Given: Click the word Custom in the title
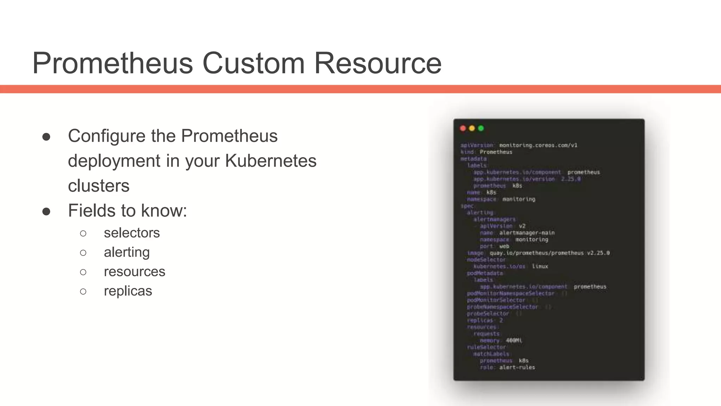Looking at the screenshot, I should tap(253, 63).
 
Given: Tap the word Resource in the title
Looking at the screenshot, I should tap(377, 63).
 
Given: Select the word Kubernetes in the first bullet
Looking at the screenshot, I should tap(271, 161).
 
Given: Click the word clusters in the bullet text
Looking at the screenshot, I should tap(99, 186).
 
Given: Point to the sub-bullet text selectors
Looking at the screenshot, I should tap(132, 233).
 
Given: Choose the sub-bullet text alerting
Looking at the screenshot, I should tap(127, 252).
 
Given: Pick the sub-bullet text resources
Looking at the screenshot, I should tap(134, 272).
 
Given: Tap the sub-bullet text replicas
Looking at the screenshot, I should tap(128, 291).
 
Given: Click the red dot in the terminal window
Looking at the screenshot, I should tap(463, 128).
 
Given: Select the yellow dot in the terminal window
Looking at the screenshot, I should tap(472, 128).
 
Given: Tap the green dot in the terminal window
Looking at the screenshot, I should tap(481, 128).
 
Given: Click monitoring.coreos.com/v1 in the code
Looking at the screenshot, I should tap(538, 145).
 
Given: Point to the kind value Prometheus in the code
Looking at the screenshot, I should tap(496, 152).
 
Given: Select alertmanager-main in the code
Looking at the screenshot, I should tap(527, 233).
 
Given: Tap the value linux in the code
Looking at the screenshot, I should tap(540, 266).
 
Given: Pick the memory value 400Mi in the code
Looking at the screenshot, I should tap(514, 340).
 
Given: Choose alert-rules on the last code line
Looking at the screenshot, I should tap(517, 367).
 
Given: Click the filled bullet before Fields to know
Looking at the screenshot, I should tap(46, 211).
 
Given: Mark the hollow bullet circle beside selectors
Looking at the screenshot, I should tap(83, 233).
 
